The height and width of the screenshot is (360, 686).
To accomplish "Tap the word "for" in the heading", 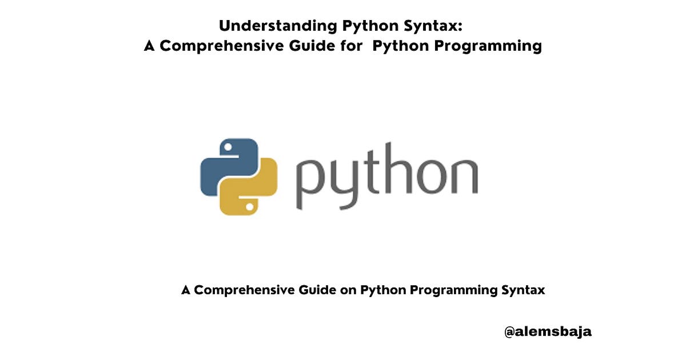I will (349, 46).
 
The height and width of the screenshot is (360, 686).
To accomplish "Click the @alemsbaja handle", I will (548, 331).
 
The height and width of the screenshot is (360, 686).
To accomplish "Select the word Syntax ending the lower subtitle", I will (523, 290).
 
